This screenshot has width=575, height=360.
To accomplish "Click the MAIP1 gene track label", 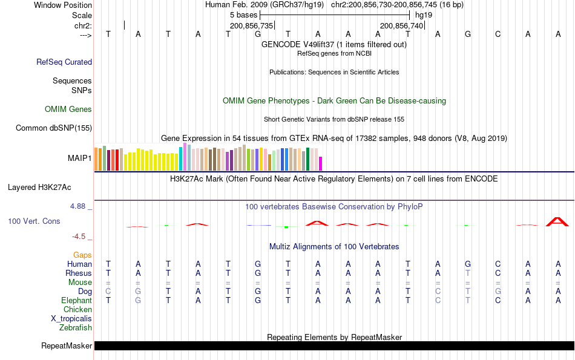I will [x=80, y=158].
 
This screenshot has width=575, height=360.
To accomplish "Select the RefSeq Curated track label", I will [x=64, y=62].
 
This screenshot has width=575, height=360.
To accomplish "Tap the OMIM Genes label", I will [x=68, y=110].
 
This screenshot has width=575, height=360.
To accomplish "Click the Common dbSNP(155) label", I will [x=54, y=128].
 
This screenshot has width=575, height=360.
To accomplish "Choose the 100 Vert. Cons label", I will [x=34, y=221].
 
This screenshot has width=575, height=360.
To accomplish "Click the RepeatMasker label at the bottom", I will [x=67, y=346].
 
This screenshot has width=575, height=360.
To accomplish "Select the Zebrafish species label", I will [x=76, y=328].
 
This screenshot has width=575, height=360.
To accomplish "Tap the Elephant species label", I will [x=76, y=301].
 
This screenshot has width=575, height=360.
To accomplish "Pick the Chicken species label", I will [x=77, y=310].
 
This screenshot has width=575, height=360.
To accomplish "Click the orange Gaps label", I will [x=82, y=255].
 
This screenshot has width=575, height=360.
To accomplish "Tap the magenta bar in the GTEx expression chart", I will [x=321, y=163].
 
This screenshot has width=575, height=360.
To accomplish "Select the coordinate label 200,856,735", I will [x=252, y=25].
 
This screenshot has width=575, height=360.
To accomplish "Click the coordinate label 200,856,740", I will [x=401, y=25].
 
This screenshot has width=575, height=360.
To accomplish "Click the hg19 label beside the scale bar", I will [x=423, y=15].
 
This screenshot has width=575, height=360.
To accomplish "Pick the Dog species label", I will [x=85, y=292].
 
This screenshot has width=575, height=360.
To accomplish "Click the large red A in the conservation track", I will [x=557, y=221].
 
